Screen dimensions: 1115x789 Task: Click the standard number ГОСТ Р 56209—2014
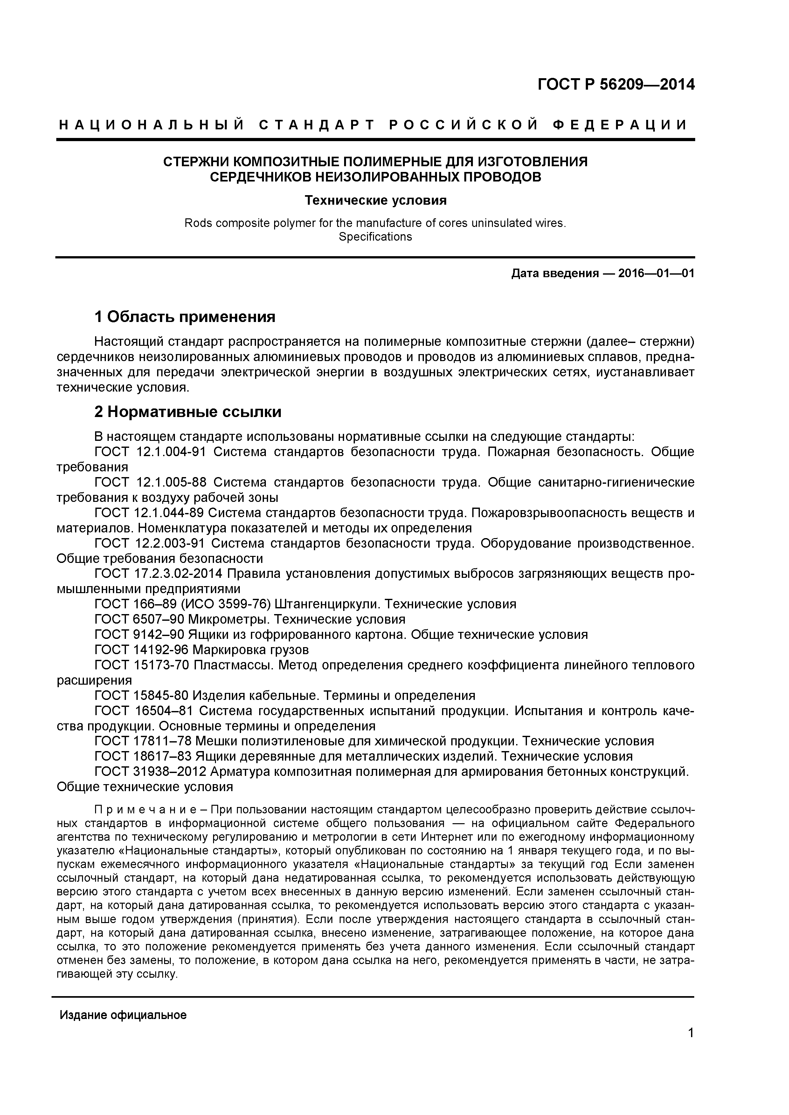point(616,85)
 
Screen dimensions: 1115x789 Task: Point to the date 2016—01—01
point(656,273)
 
